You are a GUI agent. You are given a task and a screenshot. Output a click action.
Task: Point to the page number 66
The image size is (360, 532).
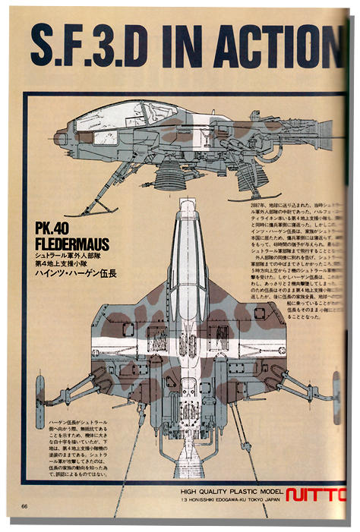point(25,507)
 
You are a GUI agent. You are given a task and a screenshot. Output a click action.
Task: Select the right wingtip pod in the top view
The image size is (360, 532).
point(334,387)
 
